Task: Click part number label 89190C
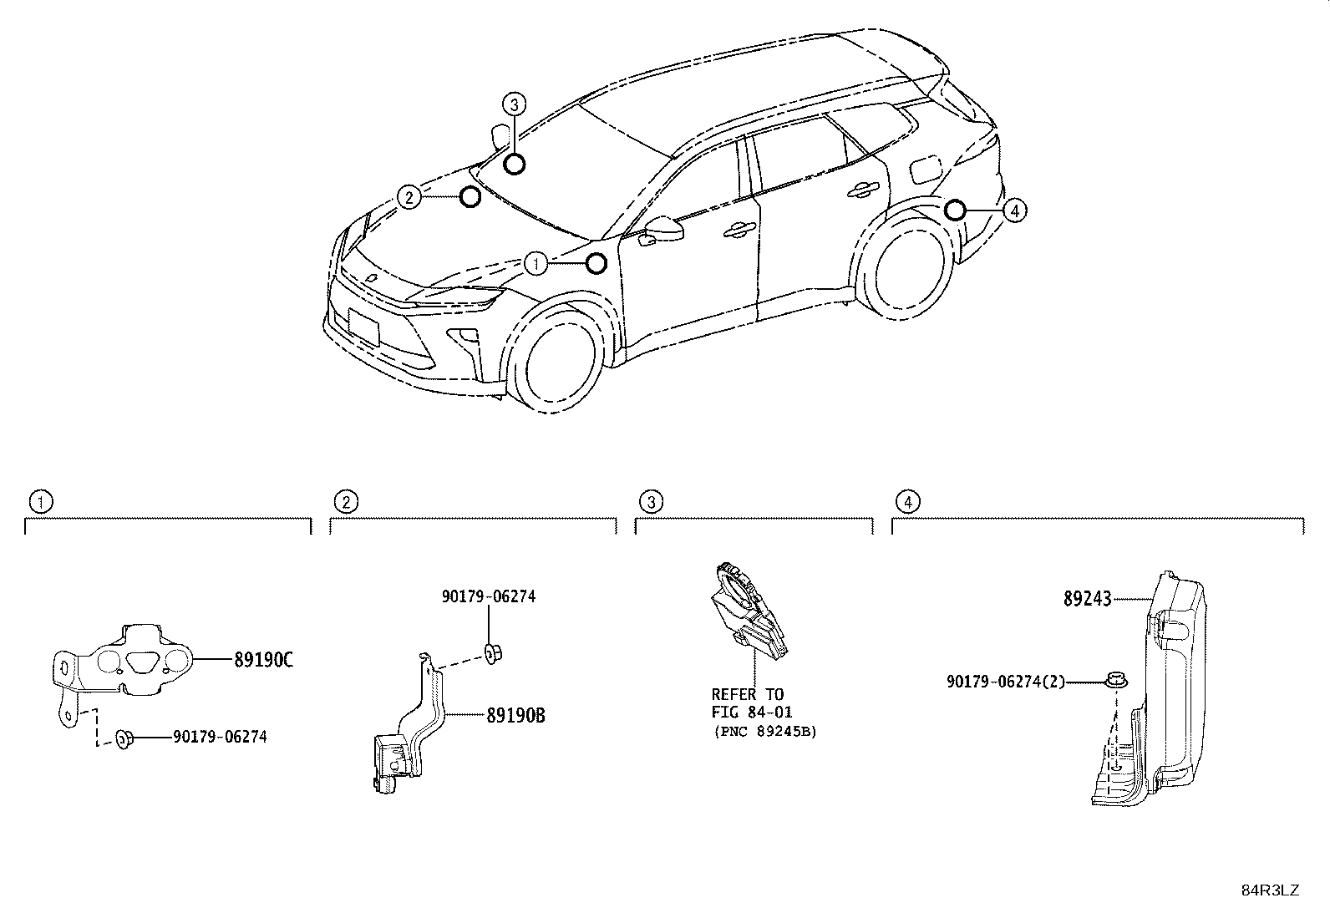coord(264,660)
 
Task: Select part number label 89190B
coord(516,716)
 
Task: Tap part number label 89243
coord(1087,599)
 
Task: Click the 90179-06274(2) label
coord(1006,682)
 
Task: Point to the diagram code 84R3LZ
coord(1270,890)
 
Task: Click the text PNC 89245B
coord(766,732)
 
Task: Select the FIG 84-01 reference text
coord(752,712)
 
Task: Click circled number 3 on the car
coord(514,104)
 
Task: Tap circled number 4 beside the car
coord(1015,210)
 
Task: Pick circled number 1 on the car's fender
coord(536,263)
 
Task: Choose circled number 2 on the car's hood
coord(409,196)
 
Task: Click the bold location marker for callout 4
coord(955,210)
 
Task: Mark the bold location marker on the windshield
coord(515,164)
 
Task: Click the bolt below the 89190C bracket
coord(124,738)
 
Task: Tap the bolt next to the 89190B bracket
coord(492,654)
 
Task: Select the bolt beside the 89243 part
coord(1116,681)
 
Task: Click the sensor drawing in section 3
coord(750,611)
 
